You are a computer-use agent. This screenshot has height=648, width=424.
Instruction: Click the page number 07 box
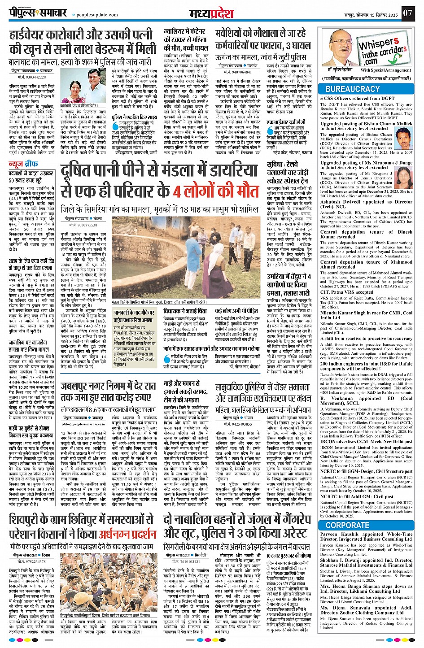pos(407,12)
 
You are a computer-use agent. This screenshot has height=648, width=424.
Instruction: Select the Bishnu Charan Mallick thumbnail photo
pos(404,140)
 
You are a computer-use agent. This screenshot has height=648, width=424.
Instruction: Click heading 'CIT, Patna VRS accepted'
pos(347,292)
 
